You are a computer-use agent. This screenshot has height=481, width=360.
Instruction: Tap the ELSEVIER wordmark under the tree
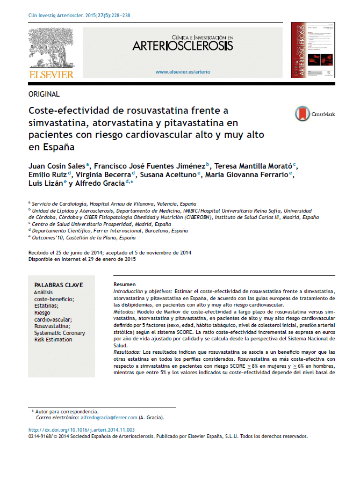point(51,74)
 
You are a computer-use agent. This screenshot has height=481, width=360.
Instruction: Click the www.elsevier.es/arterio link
point(183,71)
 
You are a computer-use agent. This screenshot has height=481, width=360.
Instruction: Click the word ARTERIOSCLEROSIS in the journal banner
point(183,46)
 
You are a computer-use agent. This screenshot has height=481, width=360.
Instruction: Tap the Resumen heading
point(125,284)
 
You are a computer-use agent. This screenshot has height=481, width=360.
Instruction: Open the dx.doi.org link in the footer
point(81,430)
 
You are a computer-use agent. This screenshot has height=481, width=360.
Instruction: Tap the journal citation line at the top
point(79,16)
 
